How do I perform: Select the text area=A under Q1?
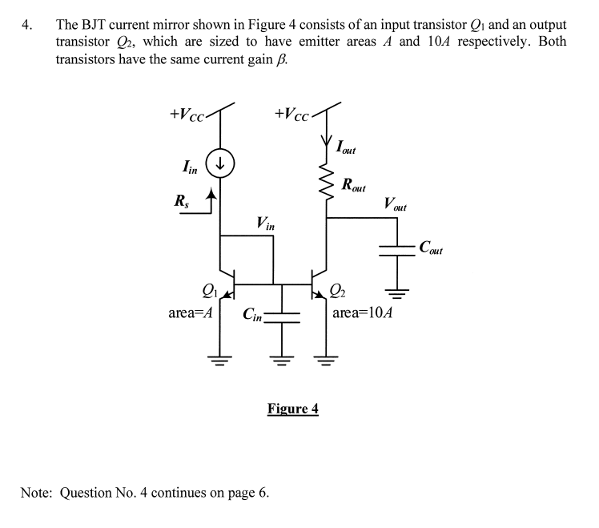pos(190,312)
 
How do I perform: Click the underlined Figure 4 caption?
pos(292,409)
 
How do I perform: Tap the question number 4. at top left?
pos(27,24)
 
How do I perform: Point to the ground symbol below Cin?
pos(281,360)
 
